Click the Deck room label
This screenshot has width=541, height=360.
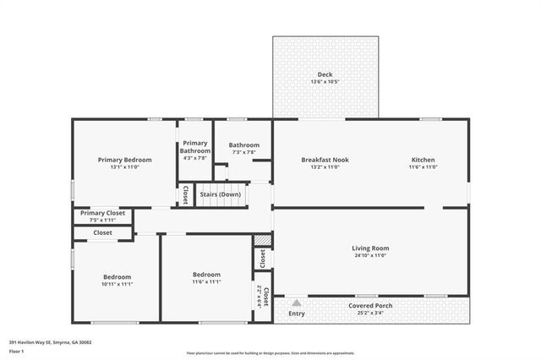(325, 74)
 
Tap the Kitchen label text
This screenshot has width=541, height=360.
(424, 160)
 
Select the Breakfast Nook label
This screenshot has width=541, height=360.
(325, 160)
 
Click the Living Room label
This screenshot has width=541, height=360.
(370, 248)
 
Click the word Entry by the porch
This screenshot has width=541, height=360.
(297, 314)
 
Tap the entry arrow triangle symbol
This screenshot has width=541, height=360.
(297, 301)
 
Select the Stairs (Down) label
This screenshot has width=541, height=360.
(220, 194)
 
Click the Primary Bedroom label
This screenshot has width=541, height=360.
(124, 160)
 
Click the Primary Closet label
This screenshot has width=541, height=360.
(102, 213)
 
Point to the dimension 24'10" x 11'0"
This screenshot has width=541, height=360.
(370, 255)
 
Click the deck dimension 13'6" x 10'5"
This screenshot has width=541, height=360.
(325, 82)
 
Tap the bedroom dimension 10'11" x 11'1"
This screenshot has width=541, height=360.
(117, 284)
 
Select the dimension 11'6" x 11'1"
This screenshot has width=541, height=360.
(206, 282)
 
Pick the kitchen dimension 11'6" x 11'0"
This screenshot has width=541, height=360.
(424, 167)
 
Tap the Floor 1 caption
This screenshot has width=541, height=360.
(15, 350)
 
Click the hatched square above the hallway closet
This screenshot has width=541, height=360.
(263, 241)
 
